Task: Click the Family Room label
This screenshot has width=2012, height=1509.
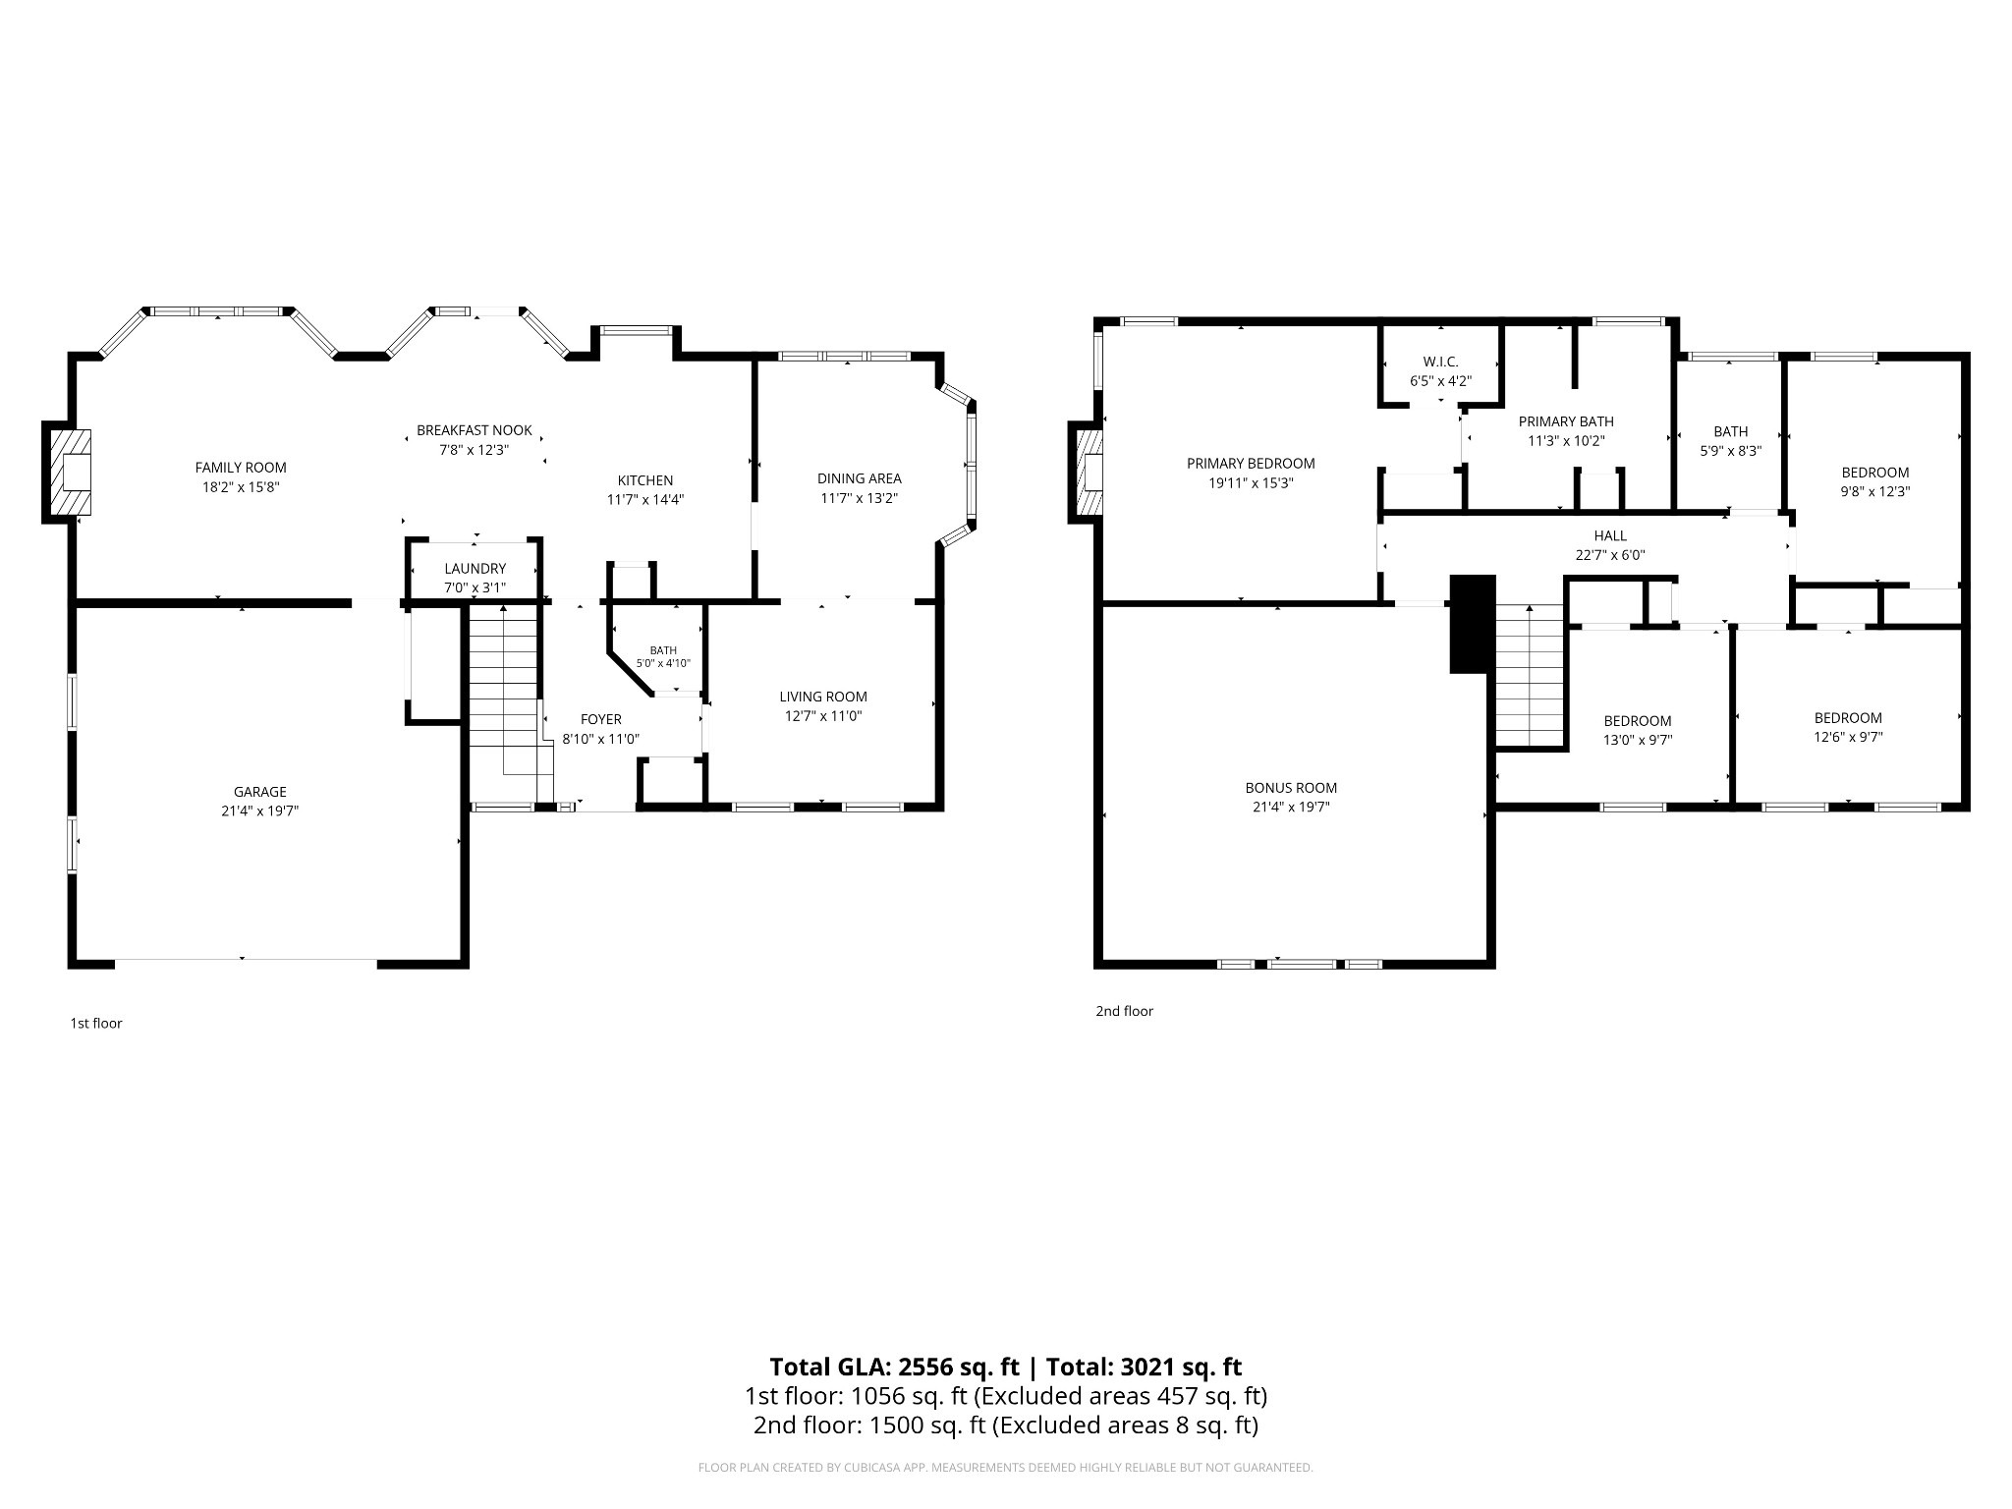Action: point(241,468)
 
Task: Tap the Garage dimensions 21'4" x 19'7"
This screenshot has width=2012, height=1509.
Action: point(259,811)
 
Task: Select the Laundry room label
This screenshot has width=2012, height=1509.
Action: point(475,569)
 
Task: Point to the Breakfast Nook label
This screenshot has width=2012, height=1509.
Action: point(475,430)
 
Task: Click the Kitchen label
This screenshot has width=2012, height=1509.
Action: point(645,480)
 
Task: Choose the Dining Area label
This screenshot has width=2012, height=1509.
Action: point(860,478)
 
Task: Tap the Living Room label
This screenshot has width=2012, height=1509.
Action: point(823,697)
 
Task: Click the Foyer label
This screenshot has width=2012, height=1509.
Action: point(600,719)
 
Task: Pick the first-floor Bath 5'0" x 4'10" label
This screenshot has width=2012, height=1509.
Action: point(663,656)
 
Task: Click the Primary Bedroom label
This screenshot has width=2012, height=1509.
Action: point(1251,464)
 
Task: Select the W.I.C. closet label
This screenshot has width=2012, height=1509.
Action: point(1441,362)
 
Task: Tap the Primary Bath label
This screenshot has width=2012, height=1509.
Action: point(1566,421)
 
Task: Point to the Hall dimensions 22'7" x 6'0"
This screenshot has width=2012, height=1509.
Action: point(1610,555)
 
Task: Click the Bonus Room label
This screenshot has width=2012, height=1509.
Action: point(1291,788)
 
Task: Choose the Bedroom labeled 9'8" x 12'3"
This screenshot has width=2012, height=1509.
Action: point(1875,482)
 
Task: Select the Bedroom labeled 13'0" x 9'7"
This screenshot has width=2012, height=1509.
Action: point(1638,731)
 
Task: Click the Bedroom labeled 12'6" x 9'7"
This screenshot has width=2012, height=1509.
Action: point(1848,728)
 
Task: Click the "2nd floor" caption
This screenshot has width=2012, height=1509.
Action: point(1125,1011)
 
